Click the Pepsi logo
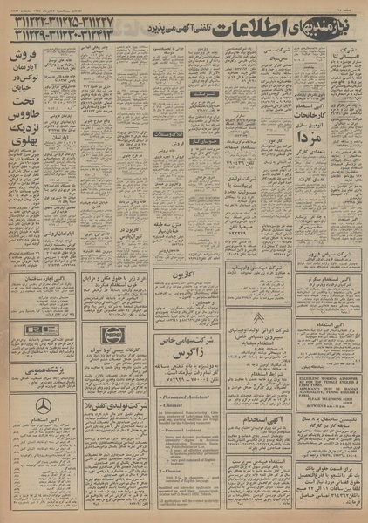coord(111,334)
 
